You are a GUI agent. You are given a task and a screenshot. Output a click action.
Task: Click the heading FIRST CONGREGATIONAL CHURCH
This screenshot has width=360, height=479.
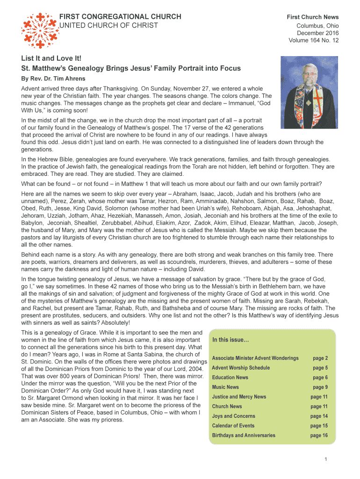[x=120, y=17]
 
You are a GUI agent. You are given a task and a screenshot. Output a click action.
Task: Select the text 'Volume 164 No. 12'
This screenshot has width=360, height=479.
[x=314, y=40]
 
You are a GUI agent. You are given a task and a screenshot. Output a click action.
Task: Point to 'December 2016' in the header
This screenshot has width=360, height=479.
[x=318, y=33]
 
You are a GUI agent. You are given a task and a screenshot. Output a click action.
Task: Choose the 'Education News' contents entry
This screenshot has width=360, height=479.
[x=230, y=377]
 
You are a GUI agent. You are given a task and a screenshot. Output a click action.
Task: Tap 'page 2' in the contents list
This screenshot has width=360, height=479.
[x=320, y=358]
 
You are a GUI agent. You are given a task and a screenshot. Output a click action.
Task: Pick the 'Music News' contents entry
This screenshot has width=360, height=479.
[x=225, y=387]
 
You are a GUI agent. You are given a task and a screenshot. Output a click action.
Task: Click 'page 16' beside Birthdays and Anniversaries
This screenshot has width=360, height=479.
[x=319, y=435]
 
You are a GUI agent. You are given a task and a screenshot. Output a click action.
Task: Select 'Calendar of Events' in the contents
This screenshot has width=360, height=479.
[x=233, y=426]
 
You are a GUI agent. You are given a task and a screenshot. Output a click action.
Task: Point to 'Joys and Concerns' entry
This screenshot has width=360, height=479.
[x=233, y=416]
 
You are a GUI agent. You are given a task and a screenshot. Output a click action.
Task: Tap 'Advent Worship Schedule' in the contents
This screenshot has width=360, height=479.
[x=240, y=368]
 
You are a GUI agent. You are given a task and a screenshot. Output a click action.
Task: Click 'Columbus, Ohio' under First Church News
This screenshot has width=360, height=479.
[x=318, y=25]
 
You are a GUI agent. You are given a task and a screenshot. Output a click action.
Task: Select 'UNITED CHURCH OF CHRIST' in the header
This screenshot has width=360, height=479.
[x=108, y=25]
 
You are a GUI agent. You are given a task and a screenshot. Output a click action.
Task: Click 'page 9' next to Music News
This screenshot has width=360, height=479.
[x=320, y=387]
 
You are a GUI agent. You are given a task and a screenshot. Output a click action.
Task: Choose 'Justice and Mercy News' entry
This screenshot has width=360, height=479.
[x=239, y=397]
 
